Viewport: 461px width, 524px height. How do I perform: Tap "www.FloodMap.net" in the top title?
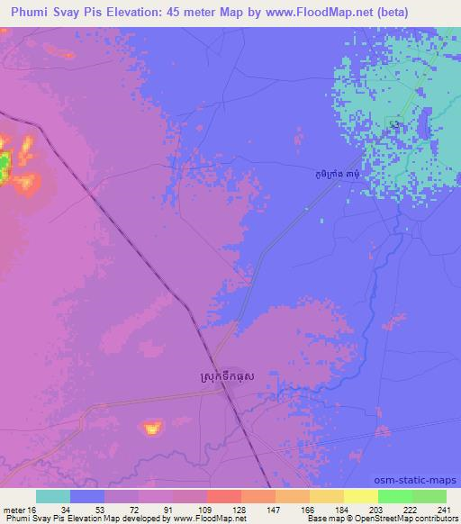coord(307,13)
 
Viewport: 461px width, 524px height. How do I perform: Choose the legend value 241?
coord(429,510)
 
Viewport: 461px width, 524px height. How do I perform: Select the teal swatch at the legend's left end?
coord(53,496)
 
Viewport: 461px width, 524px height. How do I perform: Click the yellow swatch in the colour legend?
coord(360,496)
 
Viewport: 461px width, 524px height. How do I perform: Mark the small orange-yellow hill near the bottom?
coord(152,426)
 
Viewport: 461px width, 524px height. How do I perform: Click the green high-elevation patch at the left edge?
coord(5,163)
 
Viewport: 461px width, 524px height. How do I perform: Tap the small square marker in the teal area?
coord(393,122)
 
